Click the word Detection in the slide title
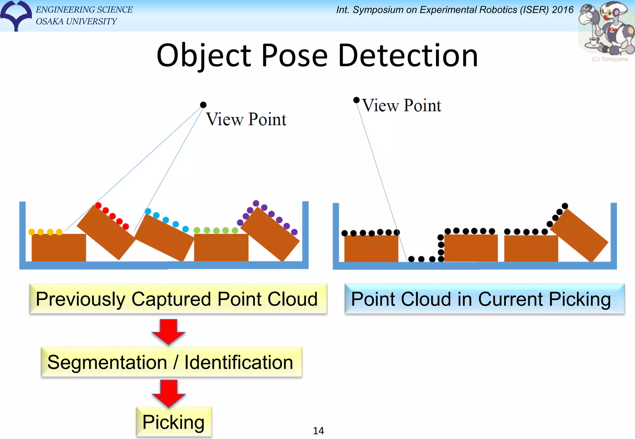(x=408, y=56)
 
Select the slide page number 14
(x=318, y=431)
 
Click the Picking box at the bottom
(x=174, y=422)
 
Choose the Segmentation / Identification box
(x=171, y=362)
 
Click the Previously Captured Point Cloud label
(x=177, y=299)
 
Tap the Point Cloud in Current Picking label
(x=484, y=299)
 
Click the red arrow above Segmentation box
(x=168, y=332)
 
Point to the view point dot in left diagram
(x=203, y=105)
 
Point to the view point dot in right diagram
(x=357, y=100)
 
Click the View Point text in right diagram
(x=402, y=106)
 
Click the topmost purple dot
(x=256, y=203)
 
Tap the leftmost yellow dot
(x=32, y=232)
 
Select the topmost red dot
(x=98, y=206)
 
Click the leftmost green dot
(x=197, y=230)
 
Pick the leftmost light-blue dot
(x=148, y=211)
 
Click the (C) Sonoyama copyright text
(x=610, y=59)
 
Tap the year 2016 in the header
(x=563, y=10)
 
